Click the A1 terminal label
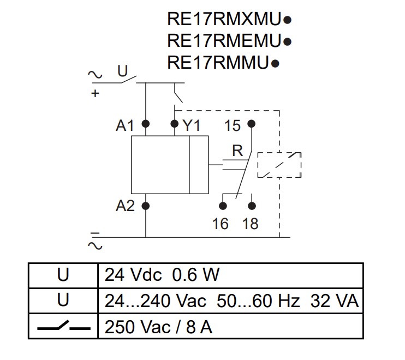tap(125, 126)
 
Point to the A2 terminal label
tap(125, 206)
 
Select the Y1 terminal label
tap(191, 126)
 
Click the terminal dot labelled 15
tap(251, 124)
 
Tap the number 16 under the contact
tap(221, 224)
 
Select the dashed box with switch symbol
tap(279, 164)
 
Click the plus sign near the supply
tap(96, 93)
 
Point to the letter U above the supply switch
tap(122, 70)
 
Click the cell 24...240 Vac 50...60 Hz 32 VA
tap(229, 301)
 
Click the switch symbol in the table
tap(63, 327)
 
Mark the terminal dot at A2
tap(146, 206)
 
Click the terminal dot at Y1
tap(175, 124)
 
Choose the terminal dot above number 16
tap(223, 206)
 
